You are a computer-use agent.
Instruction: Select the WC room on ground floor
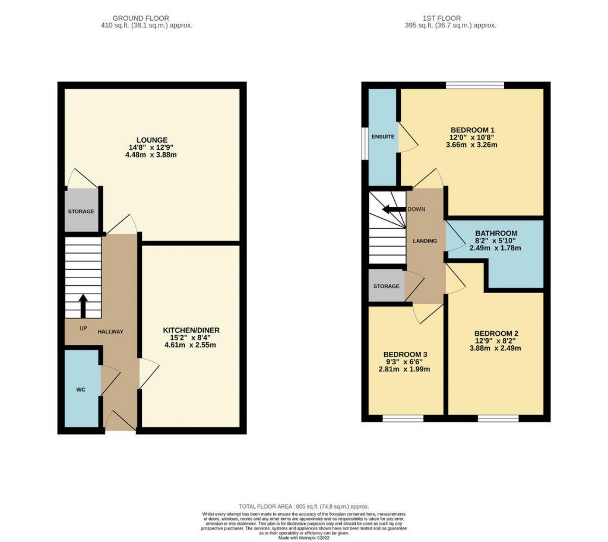pyautogui.click(x=81, y=390)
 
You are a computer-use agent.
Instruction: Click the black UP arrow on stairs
pyautogui.click(x=83, y=305)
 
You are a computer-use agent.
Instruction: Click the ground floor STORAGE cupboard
pyautogui.click(x=80, y=211)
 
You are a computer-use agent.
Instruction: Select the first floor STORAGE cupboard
pyautogui.click(x=387, y=286)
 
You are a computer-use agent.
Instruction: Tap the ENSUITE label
pyautogui.click(x=383, y=137)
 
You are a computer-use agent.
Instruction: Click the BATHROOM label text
pyautogui.click(x=496, y=234)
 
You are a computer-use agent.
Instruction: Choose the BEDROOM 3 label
pyautogui.click(x=406, y=354)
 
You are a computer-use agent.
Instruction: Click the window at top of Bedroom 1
pyautogui.click(x=475, y=86)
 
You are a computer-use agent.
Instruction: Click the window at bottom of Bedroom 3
pyautogui.click(x=403, y=418)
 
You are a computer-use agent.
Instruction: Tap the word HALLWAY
pyautogui.click(x=110, y=332)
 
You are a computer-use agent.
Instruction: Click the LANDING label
pyautogui.click(x=425, y=241)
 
